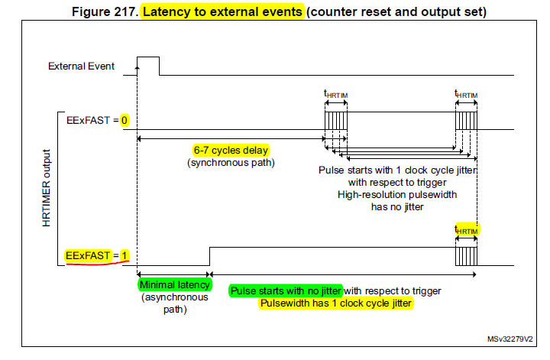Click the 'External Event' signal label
click(81, 66)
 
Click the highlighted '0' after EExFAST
click(124, 120)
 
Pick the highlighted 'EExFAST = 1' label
click(95, 255)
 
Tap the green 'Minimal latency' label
click(173, 285)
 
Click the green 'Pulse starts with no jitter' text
click(286, 290)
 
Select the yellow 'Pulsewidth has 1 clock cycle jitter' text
click(336, 303)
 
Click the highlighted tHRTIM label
click(467, 229)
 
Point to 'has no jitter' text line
click(396, 206)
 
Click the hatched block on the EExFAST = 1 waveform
click(466, 255)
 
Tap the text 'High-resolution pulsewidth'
click(396, 194)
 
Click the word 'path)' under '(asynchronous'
click(174, 310)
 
